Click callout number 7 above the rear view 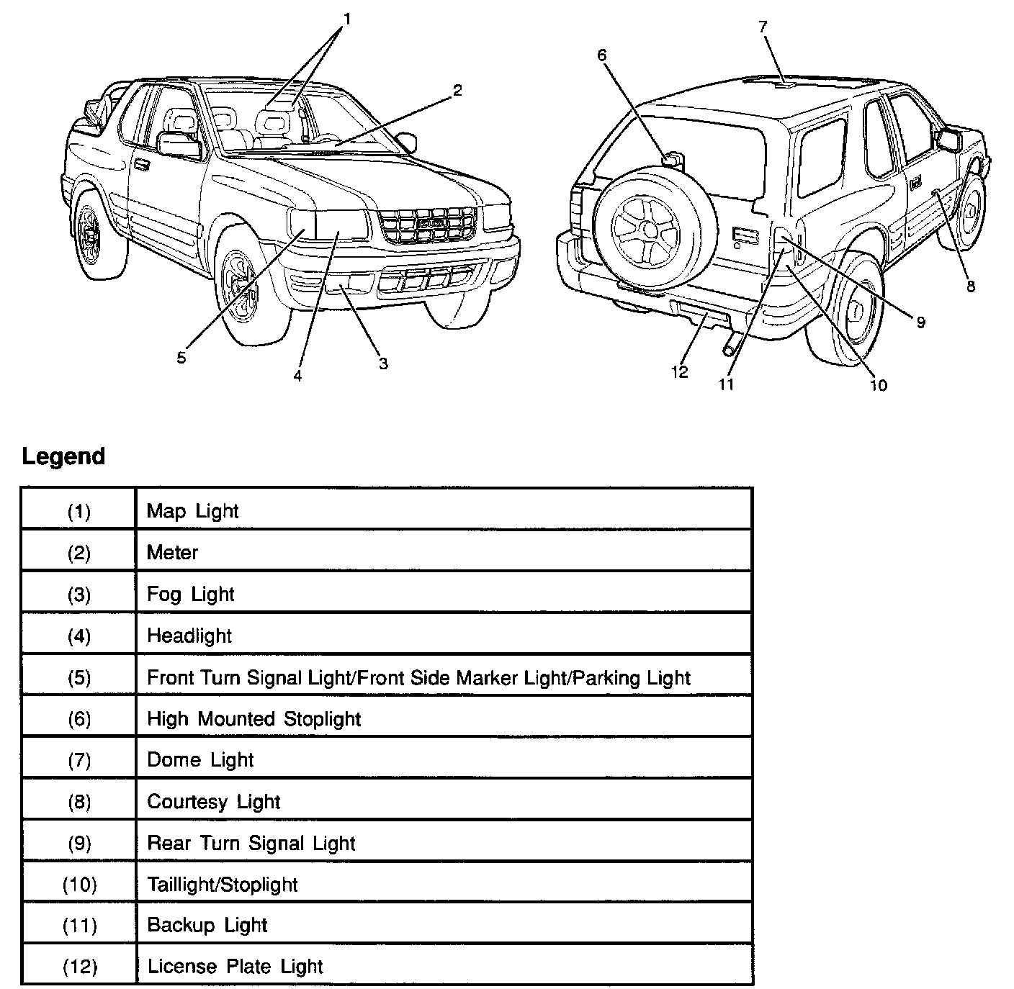point(763,27)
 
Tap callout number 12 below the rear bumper point(679,371)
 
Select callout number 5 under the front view point(181,357)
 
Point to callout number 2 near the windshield point(457,90)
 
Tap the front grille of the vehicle point(428,224)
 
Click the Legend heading point(63,456)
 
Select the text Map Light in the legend point(192,511)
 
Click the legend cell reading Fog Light point(190,594)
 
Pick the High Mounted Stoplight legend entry point(253,718)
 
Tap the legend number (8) point(79,801)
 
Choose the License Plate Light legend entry point(235,966)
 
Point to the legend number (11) point(79,925)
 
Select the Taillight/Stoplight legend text point(222,884)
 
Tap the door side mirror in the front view point(178,144)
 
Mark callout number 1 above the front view point(346,19)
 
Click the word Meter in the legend point(172,552)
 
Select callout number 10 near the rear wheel point(879,385)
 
